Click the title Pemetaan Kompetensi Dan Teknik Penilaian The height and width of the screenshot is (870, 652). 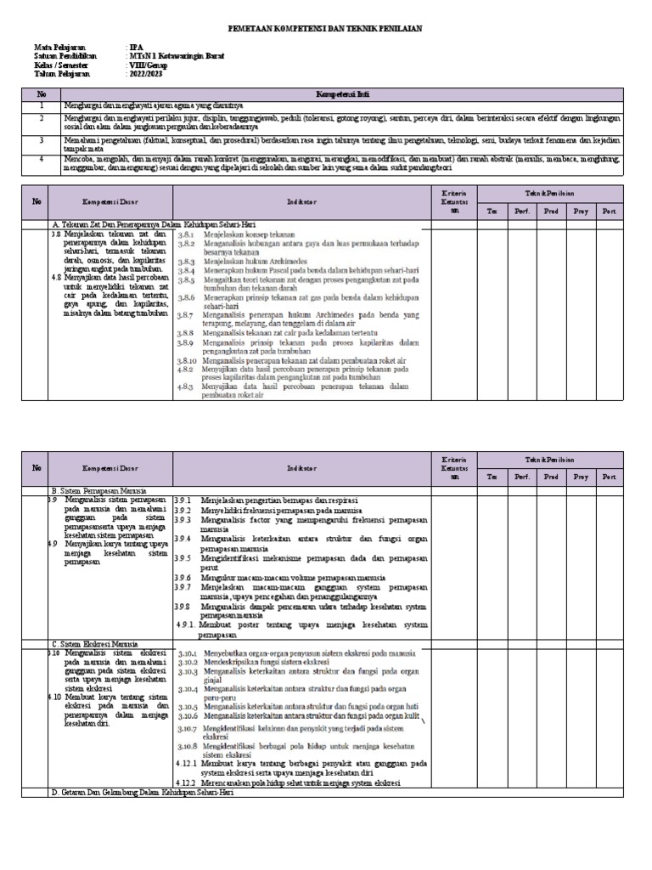pos(326,29)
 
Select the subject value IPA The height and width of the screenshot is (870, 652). pos(133,47)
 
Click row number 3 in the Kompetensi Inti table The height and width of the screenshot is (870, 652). pos(40,138)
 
